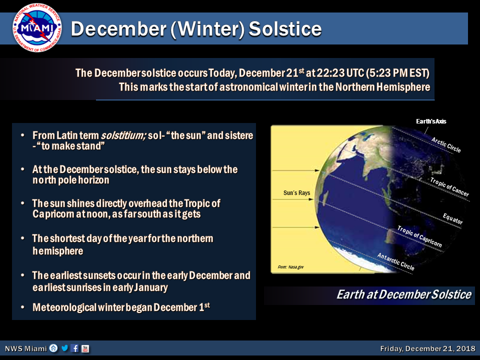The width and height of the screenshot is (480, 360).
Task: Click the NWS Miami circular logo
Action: coord(37,27)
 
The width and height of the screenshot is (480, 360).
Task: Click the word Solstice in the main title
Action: coord(285,29)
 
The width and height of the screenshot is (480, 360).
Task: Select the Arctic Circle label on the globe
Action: coord(446,145)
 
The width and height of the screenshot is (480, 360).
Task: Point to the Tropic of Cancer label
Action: coord(449,186)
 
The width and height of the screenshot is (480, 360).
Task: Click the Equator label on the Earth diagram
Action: coord(453,218)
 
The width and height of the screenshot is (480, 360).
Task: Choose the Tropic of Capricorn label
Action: coord(419,236)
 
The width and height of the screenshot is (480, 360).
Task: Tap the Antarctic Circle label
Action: coord(395,261)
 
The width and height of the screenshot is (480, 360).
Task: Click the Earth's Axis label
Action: coord(431,121)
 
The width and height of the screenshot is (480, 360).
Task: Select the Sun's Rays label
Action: coord(296,193)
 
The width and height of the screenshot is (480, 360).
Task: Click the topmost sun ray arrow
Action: coord(295,170)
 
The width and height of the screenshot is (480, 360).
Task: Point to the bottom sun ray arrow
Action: coord(295,227)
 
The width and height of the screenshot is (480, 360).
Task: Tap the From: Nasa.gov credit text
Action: coord(290,267)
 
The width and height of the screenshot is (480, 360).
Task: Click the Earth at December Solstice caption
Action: coord(404,294)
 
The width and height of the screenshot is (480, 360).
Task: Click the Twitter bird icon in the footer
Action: coord(64,348)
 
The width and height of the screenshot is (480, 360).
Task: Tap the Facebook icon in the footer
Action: coord(74,348)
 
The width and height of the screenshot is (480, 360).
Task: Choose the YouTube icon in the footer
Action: coord(85,348)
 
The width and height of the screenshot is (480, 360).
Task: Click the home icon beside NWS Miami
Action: coord(53,348)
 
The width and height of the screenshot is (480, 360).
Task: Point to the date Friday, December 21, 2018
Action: coord(427,348)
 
